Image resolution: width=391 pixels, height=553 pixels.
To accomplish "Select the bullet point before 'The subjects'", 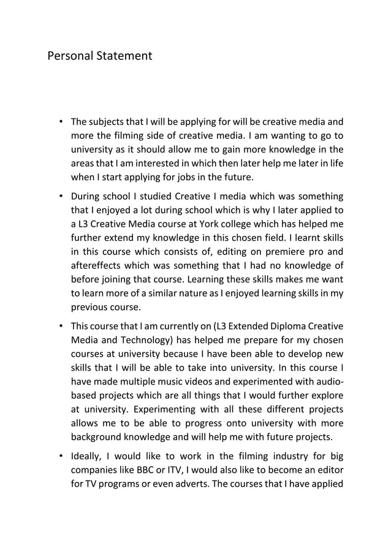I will pyautogui.click(x=61, y=121).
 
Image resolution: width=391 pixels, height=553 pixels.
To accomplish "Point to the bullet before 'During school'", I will pyautogui.click(x=61, y=197).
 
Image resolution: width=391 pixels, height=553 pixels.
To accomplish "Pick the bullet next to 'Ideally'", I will pyautogui.click(x=61, y=454).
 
